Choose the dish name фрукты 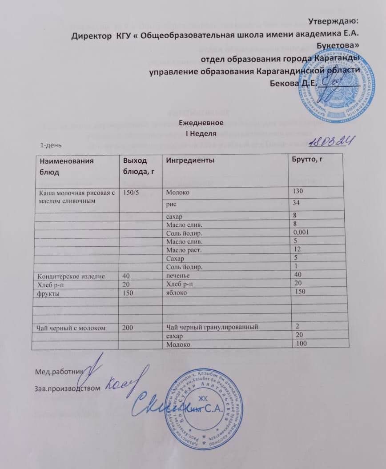point(46,293)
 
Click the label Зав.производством point(68,388)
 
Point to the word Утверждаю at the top point(333,20)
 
